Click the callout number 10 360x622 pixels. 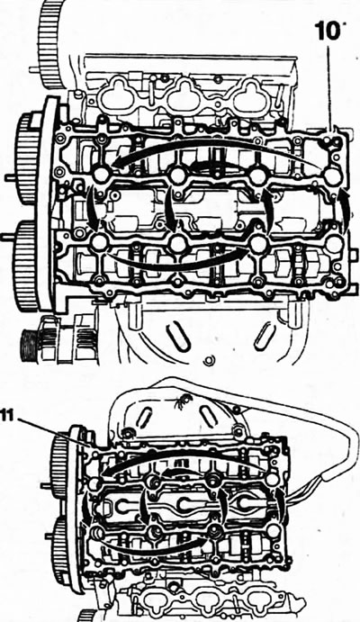(327, 31)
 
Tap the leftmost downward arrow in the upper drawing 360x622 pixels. (94, 207)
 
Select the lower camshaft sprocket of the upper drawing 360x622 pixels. (26, 265)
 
